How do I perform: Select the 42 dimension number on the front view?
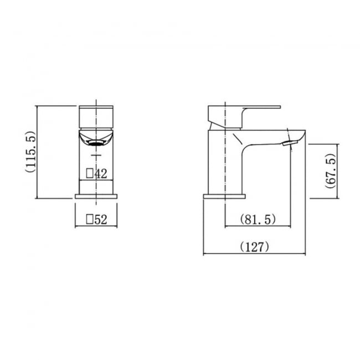coord(101,173)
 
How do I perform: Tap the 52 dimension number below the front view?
coord(100,220)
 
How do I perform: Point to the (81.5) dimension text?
coord(258,220)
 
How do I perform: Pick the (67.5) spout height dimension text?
coord(330,171)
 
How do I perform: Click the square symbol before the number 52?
coord(90,220)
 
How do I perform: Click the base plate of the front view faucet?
coord(97,196)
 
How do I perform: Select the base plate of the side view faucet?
coord(224,196)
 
